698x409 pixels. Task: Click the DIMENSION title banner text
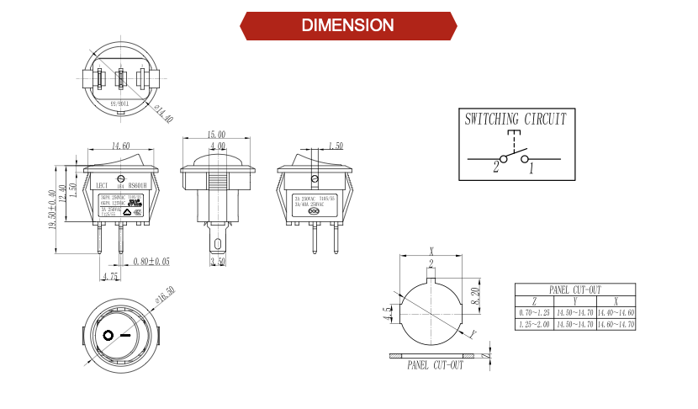tap(348, 25)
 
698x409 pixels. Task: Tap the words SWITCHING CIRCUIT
tap(516, 120)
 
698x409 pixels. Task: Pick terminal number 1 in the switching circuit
tap(531, 168)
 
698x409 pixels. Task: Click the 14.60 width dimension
tap(120, 146)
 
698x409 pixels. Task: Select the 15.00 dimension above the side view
tap(216, 135)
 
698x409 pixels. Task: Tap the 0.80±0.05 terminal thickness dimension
tap(151, 261)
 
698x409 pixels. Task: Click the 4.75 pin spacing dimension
tap(109, 276)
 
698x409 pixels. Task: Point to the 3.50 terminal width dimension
tap(216, 262)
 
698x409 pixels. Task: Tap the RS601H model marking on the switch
tap(136, 186)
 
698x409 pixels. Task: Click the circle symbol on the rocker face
tap(108, 336)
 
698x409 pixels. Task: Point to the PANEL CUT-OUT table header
tap(575, 289)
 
